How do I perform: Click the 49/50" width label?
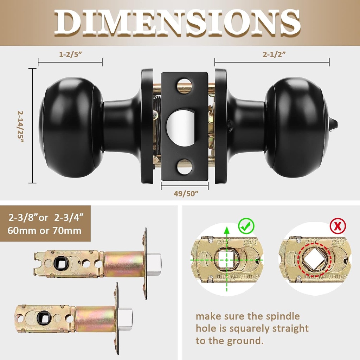tap(185, 193)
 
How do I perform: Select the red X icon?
tap(338, 226)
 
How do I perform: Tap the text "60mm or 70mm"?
tap(44, 231)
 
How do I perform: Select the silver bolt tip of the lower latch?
tap(126, 316)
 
